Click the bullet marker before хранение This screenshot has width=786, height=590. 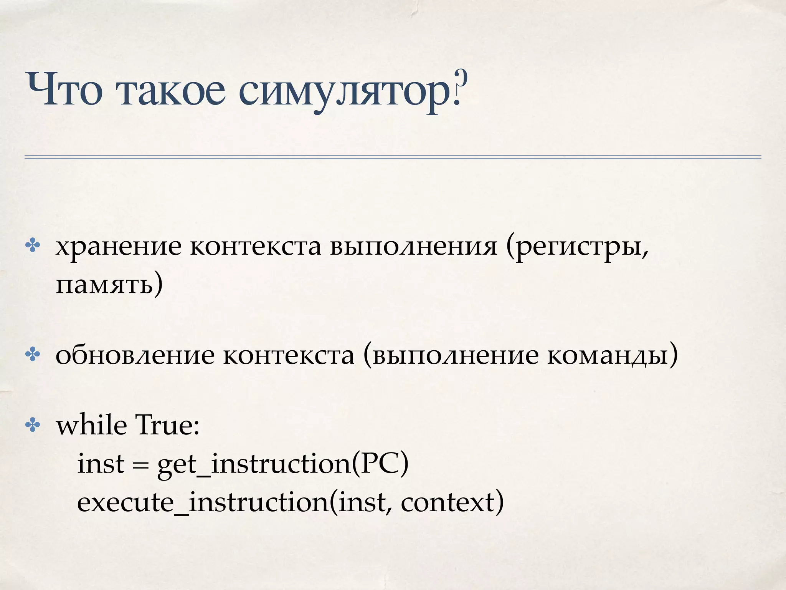coord(33,246)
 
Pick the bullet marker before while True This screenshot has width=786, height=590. coord(33,425)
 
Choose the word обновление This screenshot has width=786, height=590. coord(135,356)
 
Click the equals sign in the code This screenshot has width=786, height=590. coord(140,464)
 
